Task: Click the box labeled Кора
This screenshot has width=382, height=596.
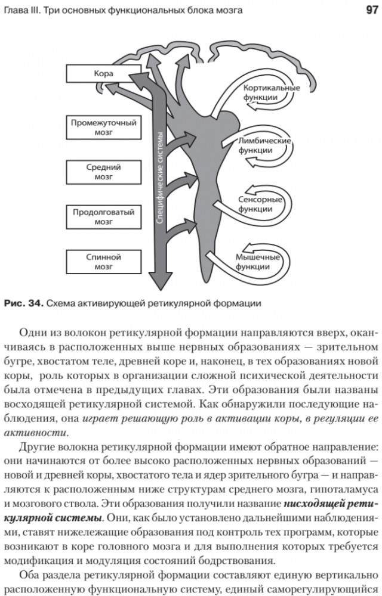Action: click(x=99, y=74)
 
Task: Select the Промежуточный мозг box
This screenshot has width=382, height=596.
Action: click(x=103, y=128)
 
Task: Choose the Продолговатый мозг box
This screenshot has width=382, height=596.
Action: click(x=103, y=217)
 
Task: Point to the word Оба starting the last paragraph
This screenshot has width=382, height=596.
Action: click(x=31, y=575)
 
